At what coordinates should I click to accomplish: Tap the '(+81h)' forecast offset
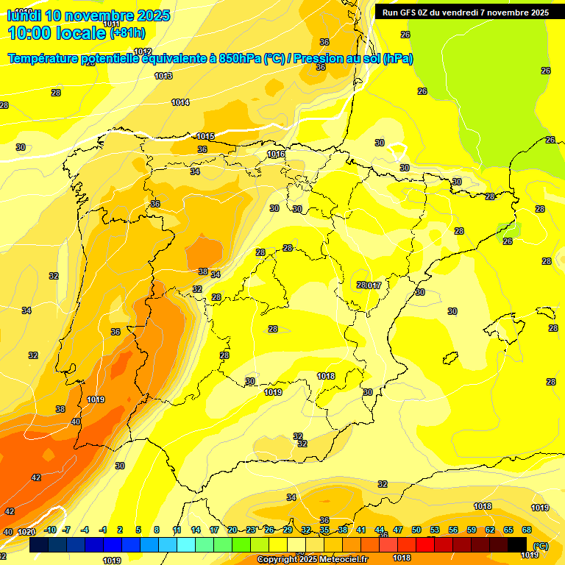[128, 33]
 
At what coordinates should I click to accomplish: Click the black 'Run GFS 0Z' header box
[466, 12]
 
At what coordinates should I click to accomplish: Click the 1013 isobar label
[163, 77]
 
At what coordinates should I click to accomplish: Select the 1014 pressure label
[180, 102]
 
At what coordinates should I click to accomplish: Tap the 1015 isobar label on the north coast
[205, 137]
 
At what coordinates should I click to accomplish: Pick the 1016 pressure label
[276, 154]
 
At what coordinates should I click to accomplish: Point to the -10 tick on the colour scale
[50, 530]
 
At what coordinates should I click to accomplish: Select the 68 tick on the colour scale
[527, 530]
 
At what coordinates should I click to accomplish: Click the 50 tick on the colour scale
[416, 530]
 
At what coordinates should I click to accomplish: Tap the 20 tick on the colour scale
[232, 530]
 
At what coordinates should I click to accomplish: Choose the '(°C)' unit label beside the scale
[541, 546]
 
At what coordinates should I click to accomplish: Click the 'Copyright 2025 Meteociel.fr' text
[312, 559]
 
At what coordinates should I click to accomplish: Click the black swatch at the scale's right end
[517, 544]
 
